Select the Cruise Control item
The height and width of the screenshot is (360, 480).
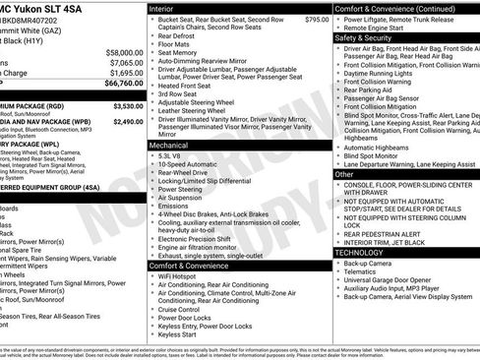coord(182,309)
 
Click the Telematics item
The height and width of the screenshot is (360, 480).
coord(363,274)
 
